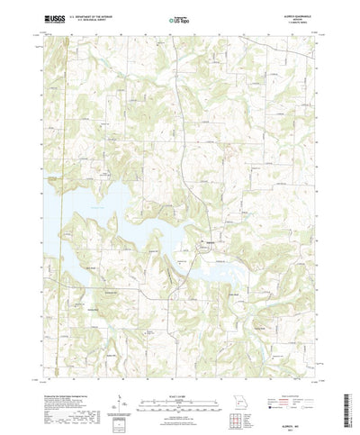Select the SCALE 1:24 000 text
click(179, 371)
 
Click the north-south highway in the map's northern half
click(180, 117)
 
